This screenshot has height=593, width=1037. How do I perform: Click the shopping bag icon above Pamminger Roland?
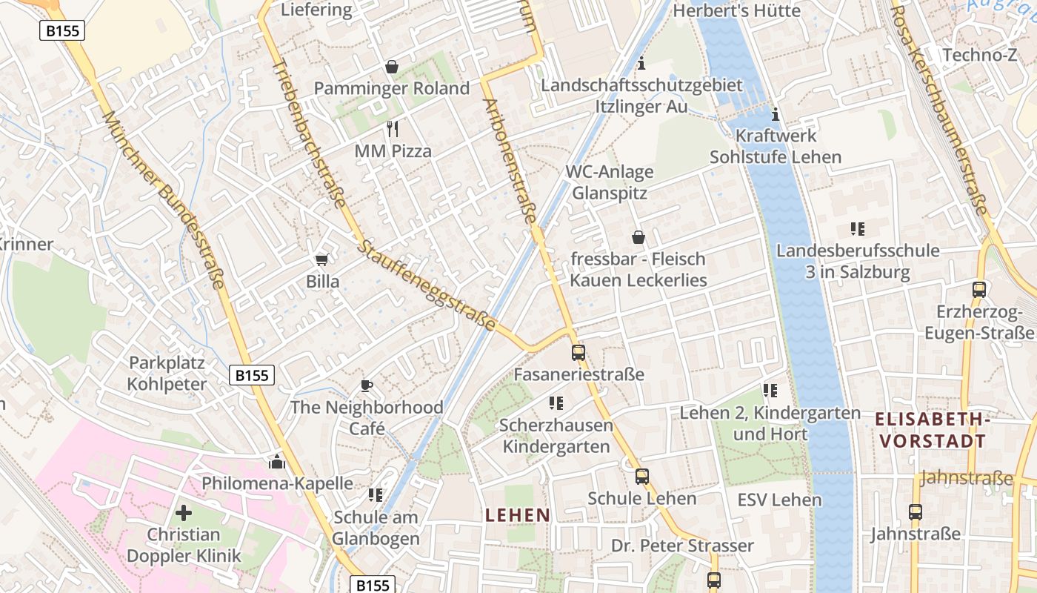[x=392, y=67]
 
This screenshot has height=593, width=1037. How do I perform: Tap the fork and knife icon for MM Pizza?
[x=393, y=129]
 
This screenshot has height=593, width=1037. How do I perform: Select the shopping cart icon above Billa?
[x=321, y=259]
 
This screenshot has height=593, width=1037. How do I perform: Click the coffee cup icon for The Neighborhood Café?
[x=366, y=385]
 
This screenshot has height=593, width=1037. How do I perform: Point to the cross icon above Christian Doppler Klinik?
[x=184, y=512]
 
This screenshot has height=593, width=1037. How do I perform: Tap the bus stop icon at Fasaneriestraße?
[x=578, y=353]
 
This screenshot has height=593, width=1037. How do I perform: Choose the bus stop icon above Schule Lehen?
[x=642, y=477]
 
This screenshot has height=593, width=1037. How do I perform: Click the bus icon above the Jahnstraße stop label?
[x=916, y=512]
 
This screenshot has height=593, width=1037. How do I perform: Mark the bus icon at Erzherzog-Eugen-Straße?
[x=979, y=290]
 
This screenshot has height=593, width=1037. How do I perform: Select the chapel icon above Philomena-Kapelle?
[x=277, y=463]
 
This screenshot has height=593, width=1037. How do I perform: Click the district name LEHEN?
[x=518, y=515]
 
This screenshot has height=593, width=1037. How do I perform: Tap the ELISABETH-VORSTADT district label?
[x=933, y=430]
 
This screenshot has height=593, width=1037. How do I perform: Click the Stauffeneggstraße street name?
[x=427, y=285]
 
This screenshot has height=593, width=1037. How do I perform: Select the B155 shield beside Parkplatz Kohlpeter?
[x=252, y=376]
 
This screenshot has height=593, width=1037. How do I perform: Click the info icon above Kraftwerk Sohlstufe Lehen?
[x=776, y=114]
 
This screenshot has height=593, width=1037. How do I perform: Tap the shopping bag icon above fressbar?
[x=638, y=238]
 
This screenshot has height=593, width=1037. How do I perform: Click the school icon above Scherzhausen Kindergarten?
[x=556, y=403]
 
